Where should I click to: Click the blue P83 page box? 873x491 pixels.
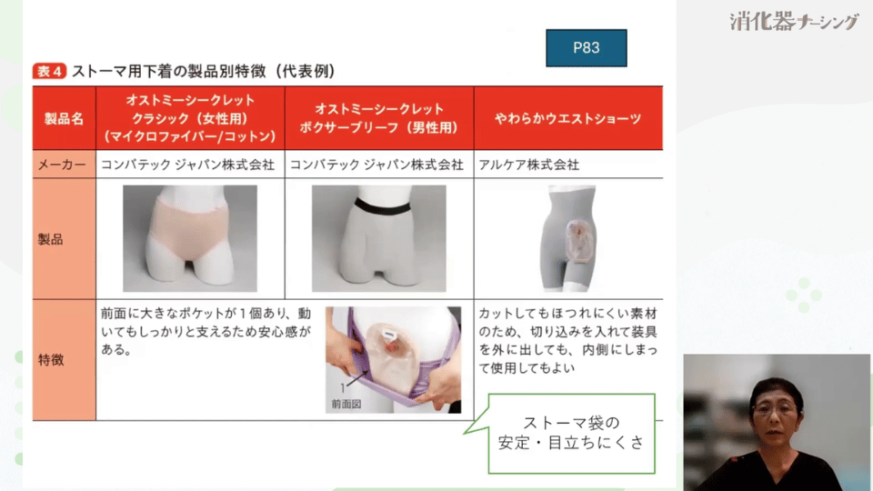click(x=587, y=48)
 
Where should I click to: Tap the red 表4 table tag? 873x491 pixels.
click(x=49, y=71)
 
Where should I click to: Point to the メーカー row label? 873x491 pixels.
click(x=63, y=165)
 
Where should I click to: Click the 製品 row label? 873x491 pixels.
click(x=52, y=239)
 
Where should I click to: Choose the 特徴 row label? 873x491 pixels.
click(x=52, y=360)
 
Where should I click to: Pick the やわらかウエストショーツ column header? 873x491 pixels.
click(x=567, y=119)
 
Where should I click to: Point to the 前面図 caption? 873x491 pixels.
click(x=349, y=406)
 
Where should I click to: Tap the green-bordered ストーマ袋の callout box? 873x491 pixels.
click(x=571, y=433)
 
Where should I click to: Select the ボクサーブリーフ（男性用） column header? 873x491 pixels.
click(x=379, y=118)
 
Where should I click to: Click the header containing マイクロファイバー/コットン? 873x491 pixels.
click(x=189, y=118)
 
